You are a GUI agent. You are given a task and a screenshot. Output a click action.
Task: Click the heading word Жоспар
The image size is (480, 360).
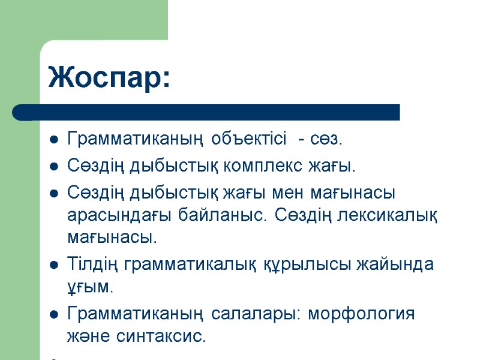click(109, 77)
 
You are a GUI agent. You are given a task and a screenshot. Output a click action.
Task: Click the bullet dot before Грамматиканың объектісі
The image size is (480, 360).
click(53, 141)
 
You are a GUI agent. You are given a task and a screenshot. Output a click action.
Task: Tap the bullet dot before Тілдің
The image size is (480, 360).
click(53, 265)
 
